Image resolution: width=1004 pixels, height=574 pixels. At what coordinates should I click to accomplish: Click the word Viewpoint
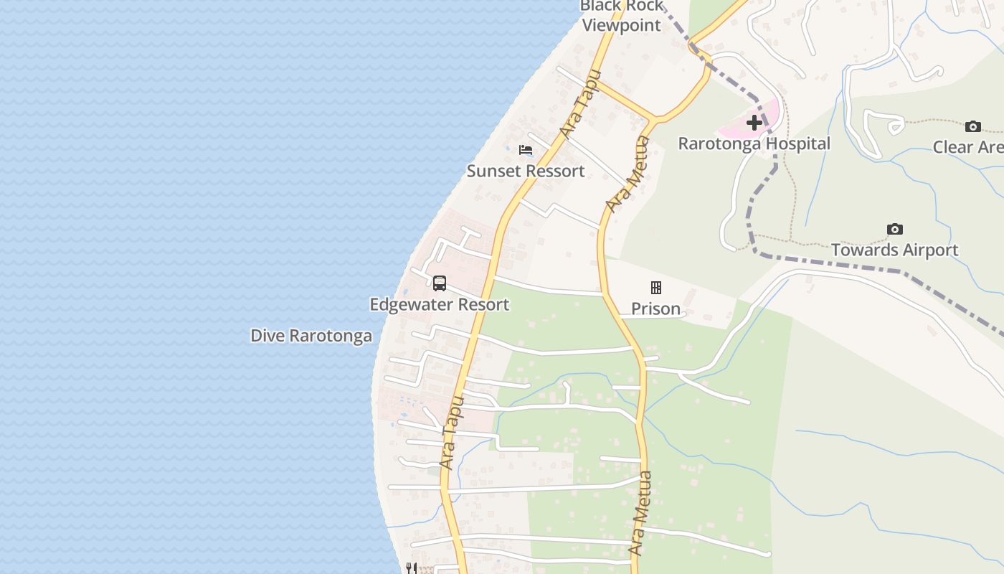pos(621,25)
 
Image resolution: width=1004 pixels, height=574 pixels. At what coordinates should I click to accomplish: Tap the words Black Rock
pos(621,6)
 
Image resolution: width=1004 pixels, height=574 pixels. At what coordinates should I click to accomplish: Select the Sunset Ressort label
pos(526,171)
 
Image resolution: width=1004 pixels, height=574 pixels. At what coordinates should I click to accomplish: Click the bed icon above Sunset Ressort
pos(526,150)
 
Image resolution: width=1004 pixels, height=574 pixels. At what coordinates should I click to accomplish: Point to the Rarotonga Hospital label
pos(754,143)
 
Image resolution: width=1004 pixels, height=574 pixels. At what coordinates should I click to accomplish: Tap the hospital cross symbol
pos(754,123)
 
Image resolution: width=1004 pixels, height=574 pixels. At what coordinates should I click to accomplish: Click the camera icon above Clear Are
pos(973,127)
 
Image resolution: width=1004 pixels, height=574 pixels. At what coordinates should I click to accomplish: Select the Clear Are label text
pos(968,147)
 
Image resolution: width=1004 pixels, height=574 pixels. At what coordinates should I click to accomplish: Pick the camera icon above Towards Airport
pos(895,230)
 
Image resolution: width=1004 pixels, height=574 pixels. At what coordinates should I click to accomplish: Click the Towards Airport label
pos(895,250)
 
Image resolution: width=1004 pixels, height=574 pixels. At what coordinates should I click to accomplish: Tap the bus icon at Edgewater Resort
pos(440,283)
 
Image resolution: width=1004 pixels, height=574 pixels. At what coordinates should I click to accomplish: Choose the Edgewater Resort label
pos(440,304)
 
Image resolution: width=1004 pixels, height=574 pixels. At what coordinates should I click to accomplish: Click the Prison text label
pos(655,309)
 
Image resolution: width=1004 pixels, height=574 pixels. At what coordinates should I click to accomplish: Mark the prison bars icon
pos(655,288)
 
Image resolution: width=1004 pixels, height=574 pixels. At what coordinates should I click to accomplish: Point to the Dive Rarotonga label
pos(311,336)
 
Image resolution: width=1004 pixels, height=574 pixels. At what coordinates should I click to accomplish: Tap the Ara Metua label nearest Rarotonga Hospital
pos(627,174)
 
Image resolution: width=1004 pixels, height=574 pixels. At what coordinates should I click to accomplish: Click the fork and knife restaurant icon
pos(412,568)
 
